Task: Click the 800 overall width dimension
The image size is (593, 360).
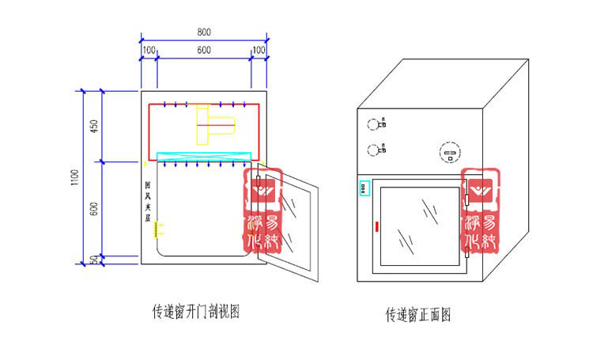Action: coord(203,32)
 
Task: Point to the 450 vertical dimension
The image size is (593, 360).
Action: coord(94,127)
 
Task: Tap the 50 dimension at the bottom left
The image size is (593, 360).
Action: coord(94,260)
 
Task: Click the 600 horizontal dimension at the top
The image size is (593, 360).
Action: coord(203,50)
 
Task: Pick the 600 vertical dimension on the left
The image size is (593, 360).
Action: coord(94,210)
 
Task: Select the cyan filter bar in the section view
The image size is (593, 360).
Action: coord(205,155)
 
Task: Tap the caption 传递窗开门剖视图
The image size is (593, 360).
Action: coord(195,312)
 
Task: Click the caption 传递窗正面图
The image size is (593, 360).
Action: coord(418,315)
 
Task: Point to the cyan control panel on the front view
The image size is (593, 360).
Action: coord(364,188)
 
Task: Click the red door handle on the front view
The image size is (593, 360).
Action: coord(377,228)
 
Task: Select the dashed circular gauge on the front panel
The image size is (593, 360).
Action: coord(449,152)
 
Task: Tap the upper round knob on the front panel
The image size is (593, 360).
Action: coord(374,123)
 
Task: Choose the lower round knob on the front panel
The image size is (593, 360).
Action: coord(374,149)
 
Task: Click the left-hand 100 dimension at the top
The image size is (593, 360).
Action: coord(149,50)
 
